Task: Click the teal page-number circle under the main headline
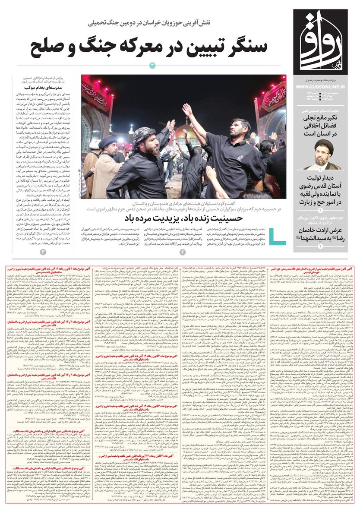[x=152, y=65]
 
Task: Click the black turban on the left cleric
[x=107, y=141]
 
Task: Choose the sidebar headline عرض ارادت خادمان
[x=322, y=234]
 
